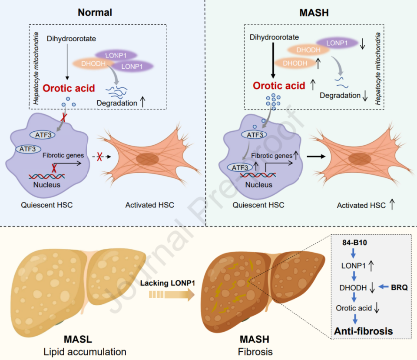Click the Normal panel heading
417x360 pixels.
[95, 12]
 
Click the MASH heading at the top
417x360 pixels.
[314, 12]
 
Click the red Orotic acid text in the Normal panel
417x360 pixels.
[69, 88]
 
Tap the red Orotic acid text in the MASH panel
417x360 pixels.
[279, 85]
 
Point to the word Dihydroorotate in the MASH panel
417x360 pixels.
[275, 38]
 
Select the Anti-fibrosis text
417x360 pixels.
[363, 331]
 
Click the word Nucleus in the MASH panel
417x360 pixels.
[258, 185]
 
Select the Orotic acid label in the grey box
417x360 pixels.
[354, 308]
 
